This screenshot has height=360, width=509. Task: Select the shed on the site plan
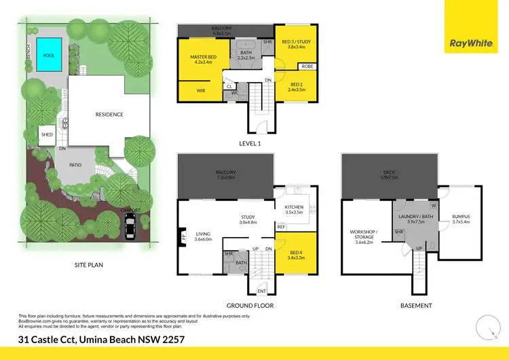tap(47, 134)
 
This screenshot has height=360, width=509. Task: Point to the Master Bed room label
tap(204, 59)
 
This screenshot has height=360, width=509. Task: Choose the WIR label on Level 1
tap(201, 90)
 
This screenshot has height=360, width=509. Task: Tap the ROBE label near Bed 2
tap(307, 67)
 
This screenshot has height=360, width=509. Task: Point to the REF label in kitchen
tap(281, 227)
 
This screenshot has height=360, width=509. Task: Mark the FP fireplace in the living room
tap(183, 238)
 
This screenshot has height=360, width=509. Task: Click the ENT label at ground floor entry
tap(261, 292)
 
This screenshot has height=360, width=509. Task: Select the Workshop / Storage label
tap(364, 234)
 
